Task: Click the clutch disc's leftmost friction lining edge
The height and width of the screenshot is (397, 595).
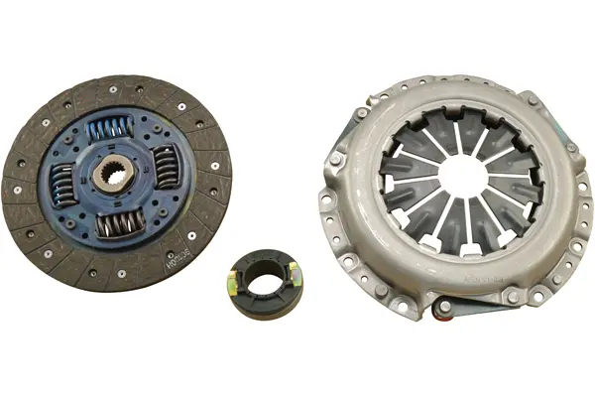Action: (x=12, y=185)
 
